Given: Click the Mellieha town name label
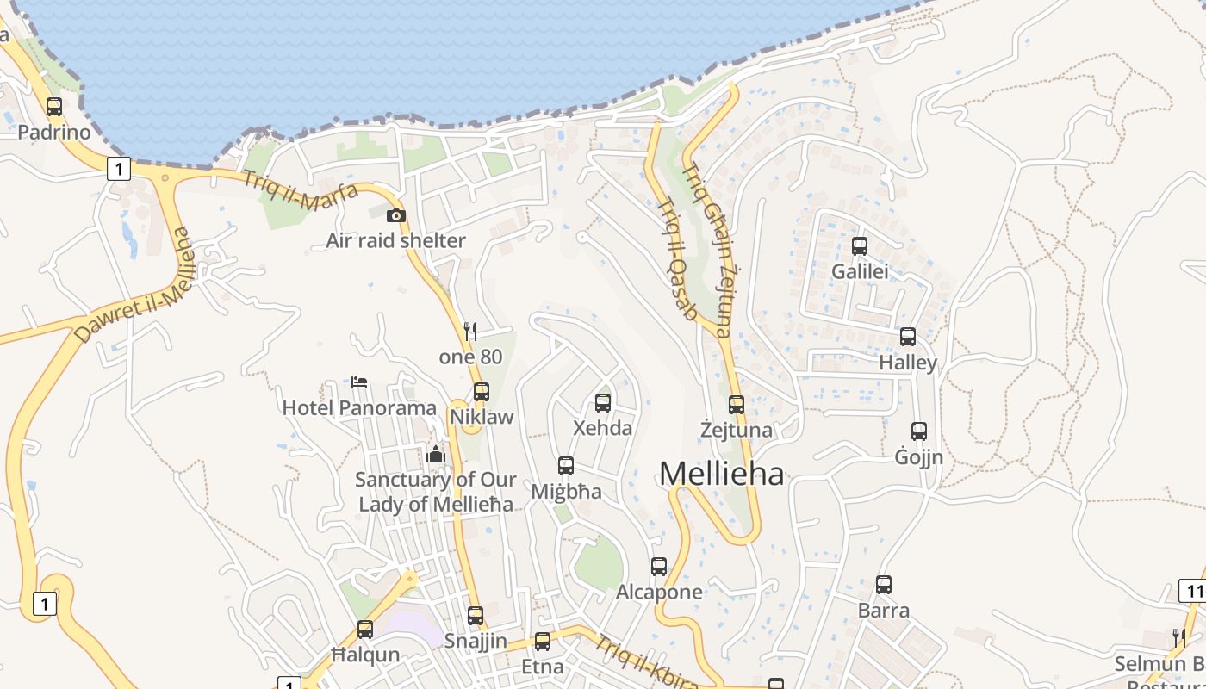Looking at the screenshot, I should click(722, 474).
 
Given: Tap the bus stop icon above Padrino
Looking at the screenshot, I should click(54, 107).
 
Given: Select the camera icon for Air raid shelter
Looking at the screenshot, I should click(395, 215).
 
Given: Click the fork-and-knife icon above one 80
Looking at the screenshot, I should click(470, 331).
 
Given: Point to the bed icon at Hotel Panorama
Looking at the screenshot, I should click(359, 382).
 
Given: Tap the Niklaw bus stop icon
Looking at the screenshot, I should click(482, 391).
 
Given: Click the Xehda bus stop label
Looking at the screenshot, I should click(603, 428).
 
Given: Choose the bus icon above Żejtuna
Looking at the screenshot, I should click(737, 404).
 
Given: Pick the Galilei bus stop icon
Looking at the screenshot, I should click(859, 245).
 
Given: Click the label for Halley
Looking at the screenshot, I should click(908, 363).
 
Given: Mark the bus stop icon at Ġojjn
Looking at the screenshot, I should click(919, 431).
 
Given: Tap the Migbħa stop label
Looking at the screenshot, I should click(566, 492).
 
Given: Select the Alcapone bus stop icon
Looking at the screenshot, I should click(659, 566).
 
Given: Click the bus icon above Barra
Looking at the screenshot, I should click(884, 585).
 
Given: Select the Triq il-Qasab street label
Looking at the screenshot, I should click(677, 259).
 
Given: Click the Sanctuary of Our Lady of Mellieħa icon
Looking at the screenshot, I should click(436, 454).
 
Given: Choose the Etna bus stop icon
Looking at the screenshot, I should click(542, 641).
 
